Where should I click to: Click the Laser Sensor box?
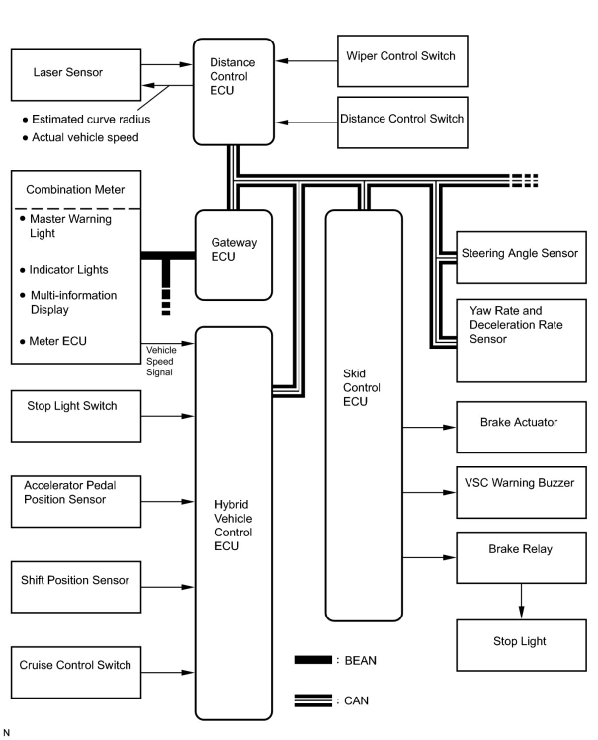pyautogui.click(x=76, y=75)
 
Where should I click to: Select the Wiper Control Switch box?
pyautogui.click(x=402, y=61)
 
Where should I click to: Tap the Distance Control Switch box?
pyautogui.click(x=402, y=123)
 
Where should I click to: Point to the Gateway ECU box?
pyautogui.click(x=233, y=255)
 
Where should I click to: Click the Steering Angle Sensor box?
pyautogui.click(x=521, y=257)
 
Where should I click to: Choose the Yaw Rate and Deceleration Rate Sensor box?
pyautogui.click(x=521, y=340)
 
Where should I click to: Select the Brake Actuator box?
pyautogui.click(x=521, y=427)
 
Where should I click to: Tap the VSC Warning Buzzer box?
pyautogui.click(x=521, y=492)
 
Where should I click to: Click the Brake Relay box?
pyautogui.click(x=521, y=557)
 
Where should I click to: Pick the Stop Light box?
pyautogui.click(x=521, y=645)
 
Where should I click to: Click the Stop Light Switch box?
pyautogui.click(x=76, y=416)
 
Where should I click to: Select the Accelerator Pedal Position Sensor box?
pyautogui.click(x=76, y=501)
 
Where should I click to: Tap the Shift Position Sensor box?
pyautogui.click(x=76, y=586)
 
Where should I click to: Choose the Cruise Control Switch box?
pyautogui.click(x=76, y=672)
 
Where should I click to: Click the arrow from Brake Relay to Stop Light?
pyautogui.click(x=521, y=601)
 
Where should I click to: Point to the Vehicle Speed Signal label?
pyautogui.click(x=161, y=361)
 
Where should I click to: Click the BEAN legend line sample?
pyautogui.click(x=313, y=660)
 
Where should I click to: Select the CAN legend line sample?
pyautogui.click(x=313, y=700)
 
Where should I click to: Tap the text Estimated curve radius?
pyautogui.click(x=91, y=119)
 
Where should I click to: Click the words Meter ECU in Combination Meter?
pyautogui.click(x=57, y=341)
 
